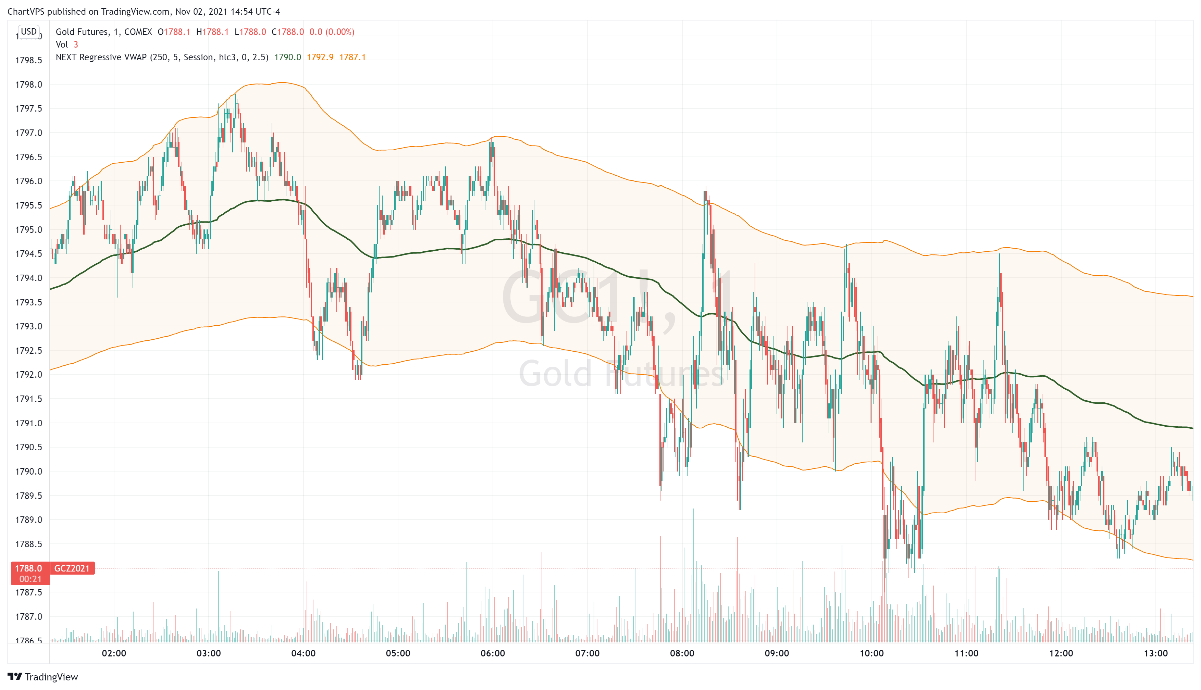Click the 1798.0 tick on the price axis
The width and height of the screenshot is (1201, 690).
coord(28,84)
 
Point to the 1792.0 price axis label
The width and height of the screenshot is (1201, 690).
coord(28,374)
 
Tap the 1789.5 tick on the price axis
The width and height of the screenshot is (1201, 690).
coord(28,496)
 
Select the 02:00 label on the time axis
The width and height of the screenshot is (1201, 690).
coord(114,653)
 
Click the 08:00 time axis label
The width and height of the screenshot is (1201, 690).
coord(682,653)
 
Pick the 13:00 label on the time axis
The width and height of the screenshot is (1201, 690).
coord(1155,653)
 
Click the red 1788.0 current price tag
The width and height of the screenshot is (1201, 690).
coord(28,568)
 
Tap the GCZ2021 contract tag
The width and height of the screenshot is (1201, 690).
coord(72,568)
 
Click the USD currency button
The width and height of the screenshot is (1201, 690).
coord(28,31)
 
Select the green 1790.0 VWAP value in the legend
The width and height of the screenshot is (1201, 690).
coord(287,57)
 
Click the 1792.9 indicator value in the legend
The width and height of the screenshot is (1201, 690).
coord(320,57)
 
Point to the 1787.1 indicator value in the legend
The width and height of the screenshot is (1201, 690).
coord(352,57)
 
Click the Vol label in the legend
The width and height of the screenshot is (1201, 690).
coord(62,45)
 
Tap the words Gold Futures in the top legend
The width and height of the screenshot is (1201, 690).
coord(82,32)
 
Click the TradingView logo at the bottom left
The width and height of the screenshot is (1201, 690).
coord(43,677)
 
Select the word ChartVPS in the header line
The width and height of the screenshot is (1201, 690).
coord(26,11)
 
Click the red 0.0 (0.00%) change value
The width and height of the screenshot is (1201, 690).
coord(332,32)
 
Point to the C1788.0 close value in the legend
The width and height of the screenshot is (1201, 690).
coord(288,32)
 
